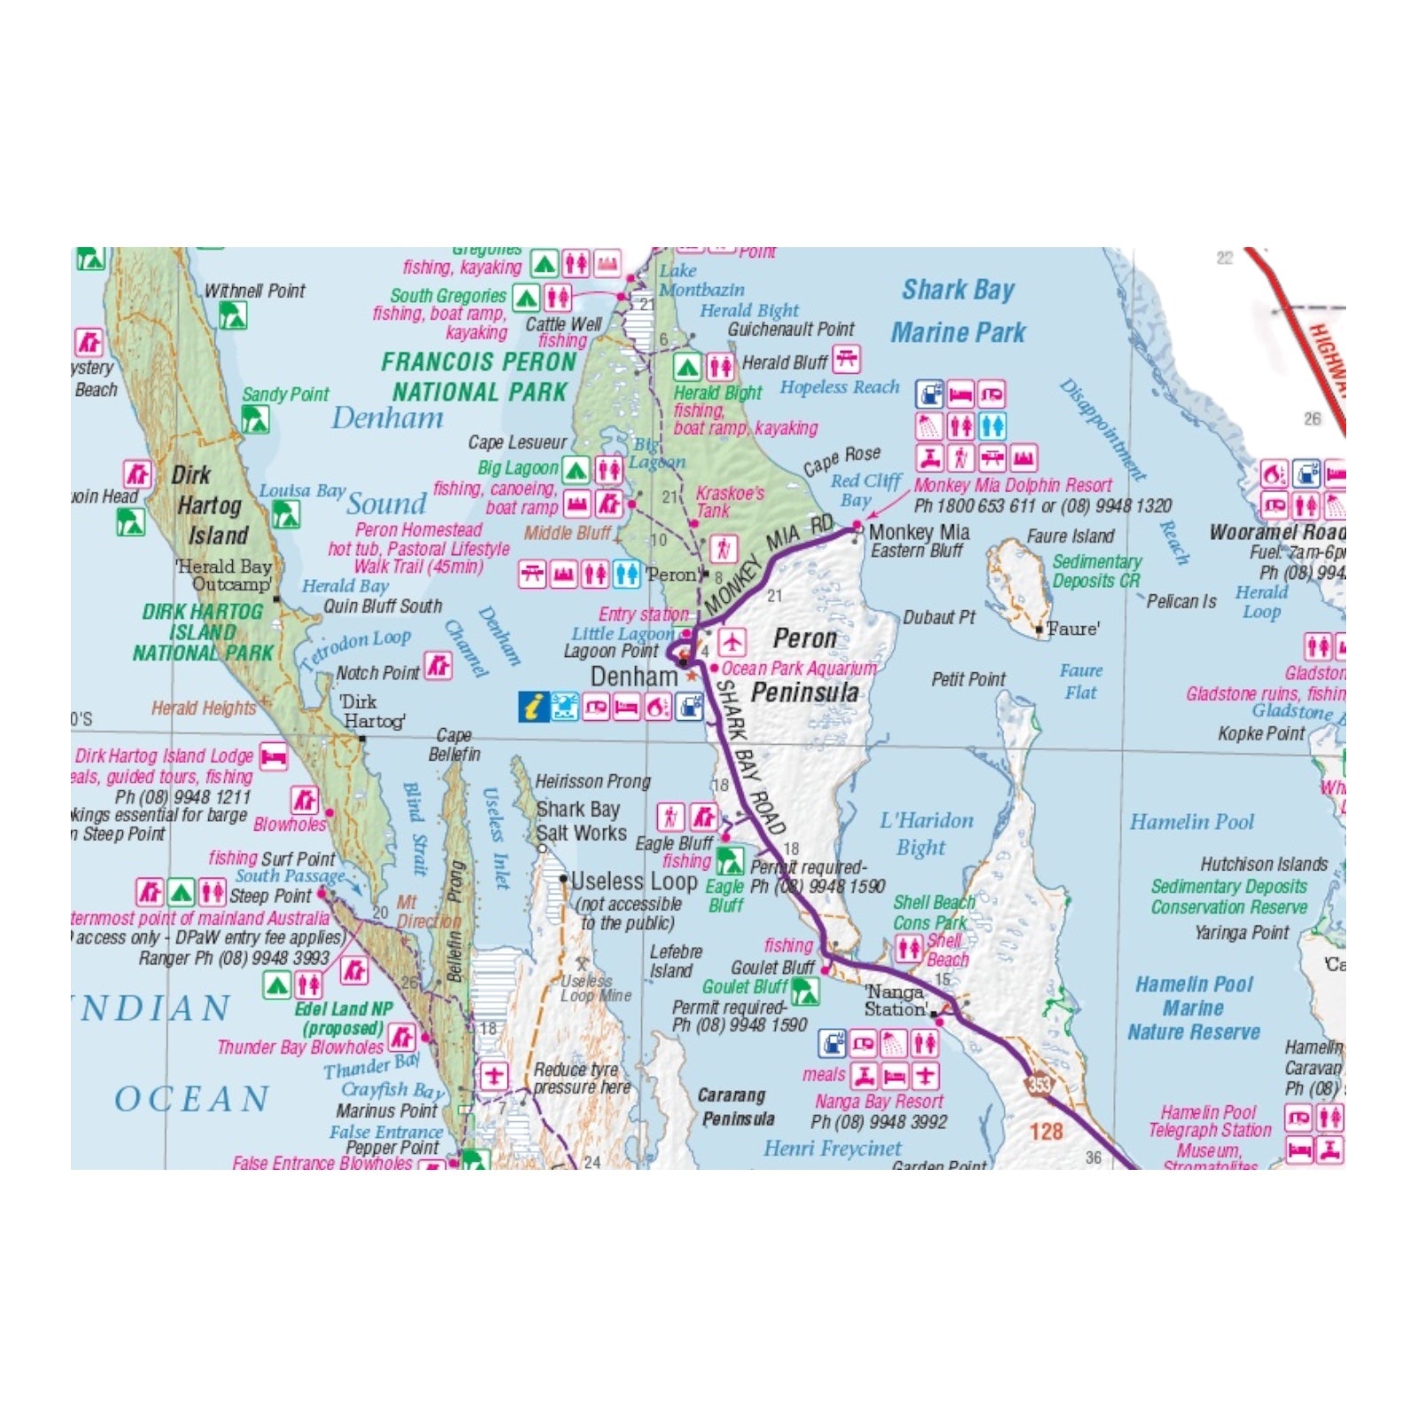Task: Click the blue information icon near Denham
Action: click(533, 707)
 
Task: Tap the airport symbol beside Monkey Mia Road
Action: click(732, 640)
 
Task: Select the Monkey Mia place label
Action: click(918, 532)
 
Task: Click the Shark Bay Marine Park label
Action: click(958, 311)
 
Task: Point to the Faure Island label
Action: click(1070, 536)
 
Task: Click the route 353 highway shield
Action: click(1039, 1084)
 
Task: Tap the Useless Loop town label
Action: click(634, 881)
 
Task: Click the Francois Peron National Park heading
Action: click(479, 376)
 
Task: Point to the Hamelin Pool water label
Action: click(1191, 822)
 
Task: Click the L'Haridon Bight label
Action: click(925, 833)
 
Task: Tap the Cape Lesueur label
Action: click(517, 442)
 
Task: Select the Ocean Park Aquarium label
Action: click(799, 669)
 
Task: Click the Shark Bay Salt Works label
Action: click(580, 821)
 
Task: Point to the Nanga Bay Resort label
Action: click(879, 1102)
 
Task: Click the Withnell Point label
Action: click(254, 290)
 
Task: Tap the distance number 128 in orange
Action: click(1046, 1131)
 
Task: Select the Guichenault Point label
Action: click(791, 329)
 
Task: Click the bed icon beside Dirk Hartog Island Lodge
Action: click(274, 756)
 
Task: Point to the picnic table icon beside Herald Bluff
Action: click(847, 360)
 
